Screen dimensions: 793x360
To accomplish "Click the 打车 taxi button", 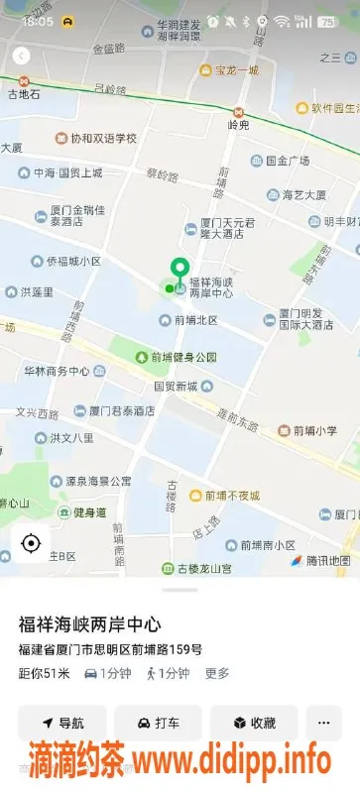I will point(158,723).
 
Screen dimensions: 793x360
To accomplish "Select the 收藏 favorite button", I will point(254,723).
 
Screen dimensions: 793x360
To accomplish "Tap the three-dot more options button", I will point(323,723).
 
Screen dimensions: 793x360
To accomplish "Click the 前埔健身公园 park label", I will point(183,357).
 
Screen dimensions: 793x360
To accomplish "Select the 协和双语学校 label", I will point(102,139).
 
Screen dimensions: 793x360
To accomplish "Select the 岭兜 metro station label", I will point(238,124).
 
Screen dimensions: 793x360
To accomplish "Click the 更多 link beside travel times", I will point(217,673).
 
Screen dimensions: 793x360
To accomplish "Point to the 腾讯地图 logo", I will point(320,560).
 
